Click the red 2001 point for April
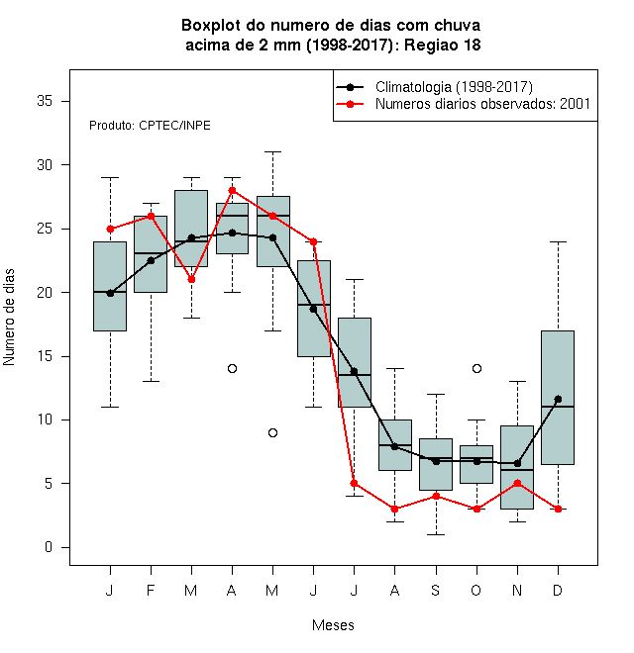[233, 191]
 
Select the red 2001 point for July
[354, 484]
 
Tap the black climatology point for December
[558, 400]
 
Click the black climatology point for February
[151, 260]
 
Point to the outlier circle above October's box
[476, 369]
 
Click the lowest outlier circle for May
[272, 433]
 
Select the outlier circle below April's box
[233, 369]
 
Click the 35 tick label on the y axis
[45, 101]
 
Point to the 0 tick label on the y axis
[49, 547]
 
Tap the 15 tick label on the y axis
[45, 356]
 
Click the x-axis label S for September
[436, 591]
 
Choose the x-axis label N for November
[517, 591]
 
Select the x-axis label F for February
[151, 591]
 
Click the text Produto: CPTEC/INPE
[150, 126]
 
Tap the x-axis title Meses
[333, 625]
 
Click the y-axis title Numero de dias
[9, 318]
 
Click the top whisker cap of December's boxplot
[558, 241]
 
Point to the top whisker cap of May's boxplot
[272, 152]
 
